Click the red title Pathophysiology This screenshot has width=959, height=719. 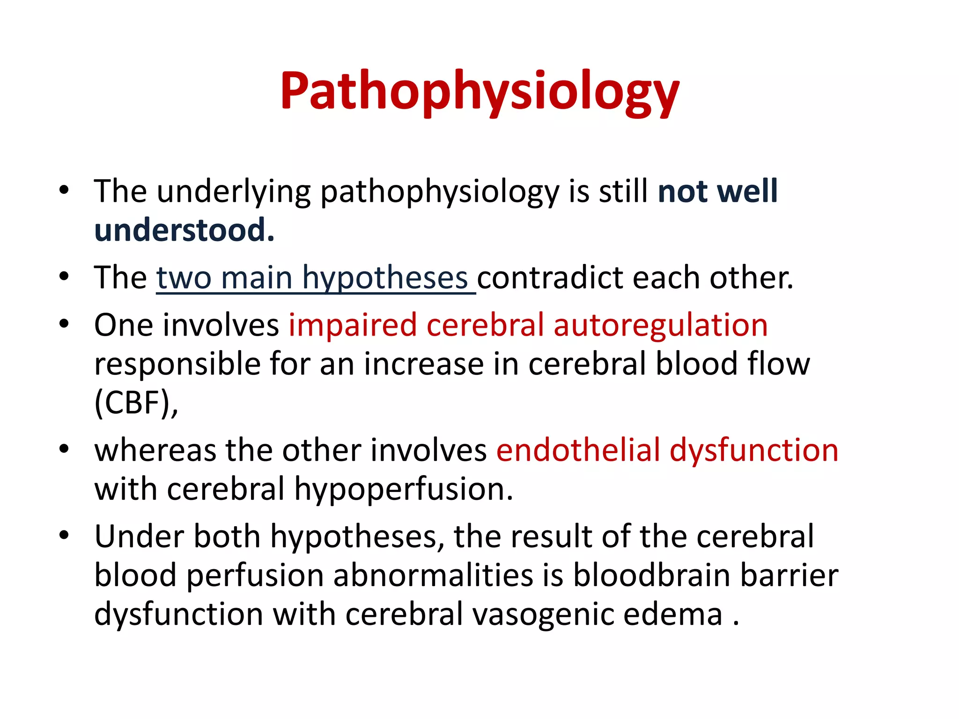tap(479, 91)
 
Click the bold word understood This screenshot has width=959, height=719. tap(184, 230)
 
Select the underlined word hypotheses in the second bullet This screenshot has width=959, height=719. tap(385, 278)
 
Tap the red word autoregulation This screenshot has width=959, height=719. tap(661, 325)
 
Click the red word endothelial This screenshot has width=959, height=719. tap(578, 450)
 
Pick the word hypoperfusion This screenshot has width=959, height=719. tap(403, 489)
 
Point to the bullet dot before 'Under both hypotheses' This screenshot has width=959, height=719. tap(64, 535)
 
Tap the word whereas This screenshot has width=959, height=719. tap(155, 450)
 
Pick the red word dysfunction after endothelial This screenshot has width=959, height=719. tap(754, 450)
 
